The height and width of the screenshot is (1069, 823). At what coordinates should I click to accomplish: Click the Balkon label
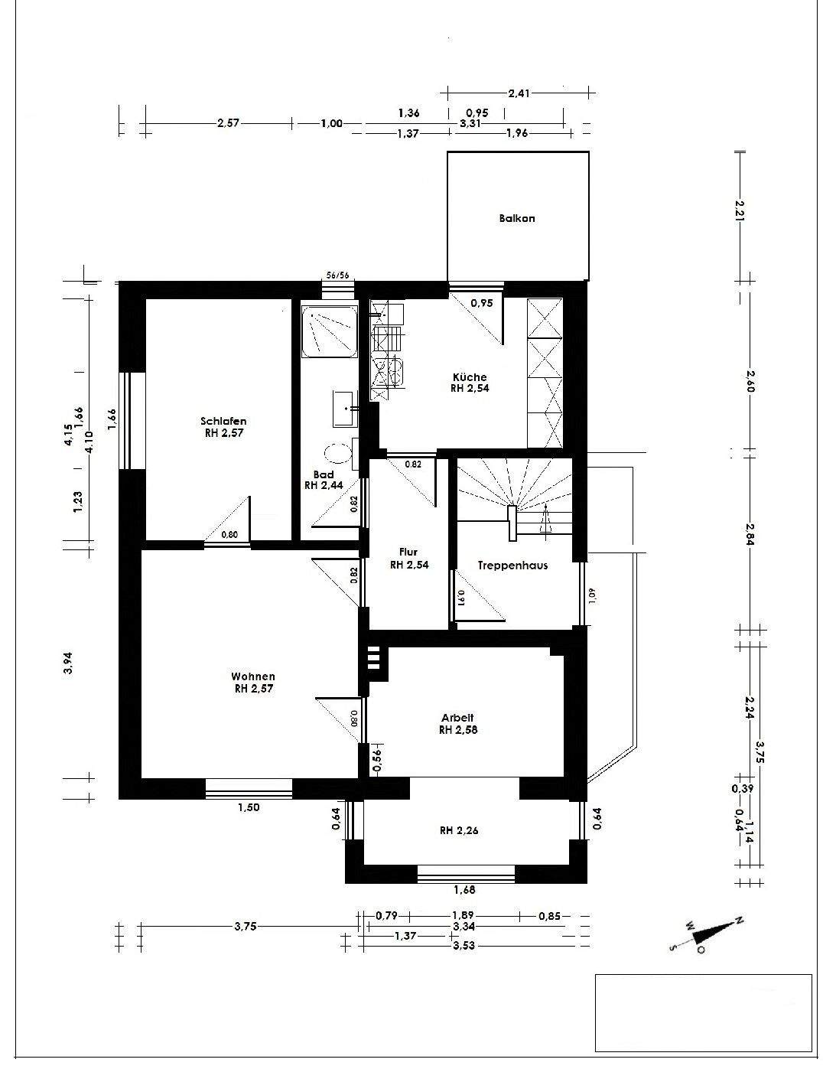click(517, 218)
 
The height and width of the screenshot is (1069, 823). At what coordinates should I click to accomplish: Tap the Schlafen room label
click(223, 421)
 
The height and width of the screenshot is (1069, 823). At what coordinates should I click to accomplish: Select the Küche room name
click(470, 377)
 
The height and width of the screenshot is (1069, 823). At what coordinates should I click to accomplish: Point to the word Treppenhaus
click(512, 565)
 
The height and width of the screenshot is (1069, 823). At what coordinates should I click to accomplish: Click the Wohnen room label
click(253, 677)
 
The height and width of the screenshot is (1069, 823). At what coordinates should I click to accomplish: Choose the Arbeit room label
click(457, 719)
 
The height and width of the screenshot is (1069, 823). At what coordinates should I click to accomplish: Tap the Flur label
click(408, 552)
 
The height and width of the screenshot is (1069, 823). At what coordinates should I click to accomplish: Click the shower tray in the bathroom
click(330, 331)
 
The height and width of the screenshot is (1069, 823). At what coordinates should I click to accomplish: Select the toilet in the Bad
click(340, 452)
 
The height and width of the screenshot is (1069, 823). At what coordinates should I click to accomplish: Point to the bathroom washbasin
click(346, 408)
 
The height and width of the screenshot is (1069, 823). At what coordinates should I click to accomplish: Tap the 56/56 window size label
click(338, 275)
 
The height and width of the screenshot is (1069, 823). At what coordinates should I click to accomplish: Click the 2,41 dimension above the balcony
click(519, 93)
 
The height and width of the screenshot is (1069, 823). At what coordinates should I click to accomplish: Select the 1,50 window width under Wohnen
click(249, 807)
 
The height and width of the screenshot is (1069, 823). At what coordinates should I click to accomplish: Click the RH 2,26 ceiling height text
click(459, 830)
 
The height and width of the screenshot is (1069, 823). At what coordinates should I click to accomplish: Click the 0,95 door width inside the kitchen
click(481, 303)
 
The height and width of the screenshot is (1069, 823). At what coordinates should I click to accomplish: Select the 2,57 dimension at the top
click(228, 123)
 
